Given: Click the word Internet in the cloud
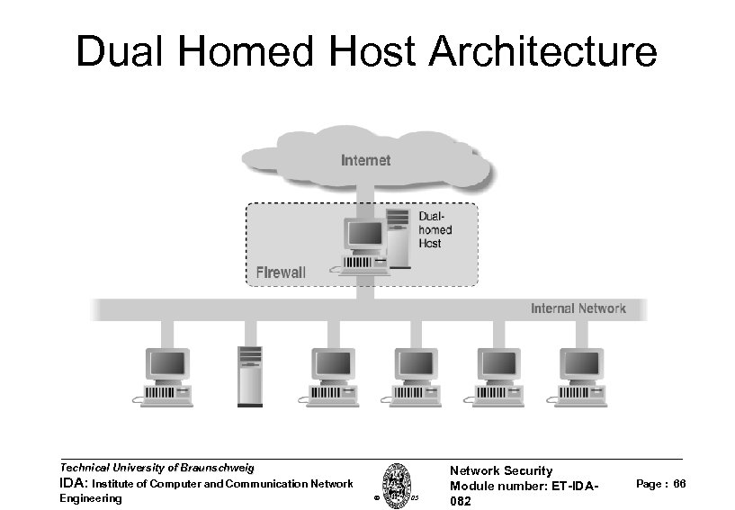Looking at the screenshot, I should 366,161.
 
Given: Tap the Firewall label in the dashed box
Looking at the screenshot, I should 282,271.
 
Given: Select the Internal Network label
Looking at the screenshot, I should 578,309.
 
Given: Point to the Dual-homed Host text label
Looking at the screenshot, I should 436,230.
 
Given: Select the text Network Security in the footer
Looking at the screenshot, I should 500,470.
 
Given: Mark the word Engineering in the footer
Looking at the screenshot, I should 90,498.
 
